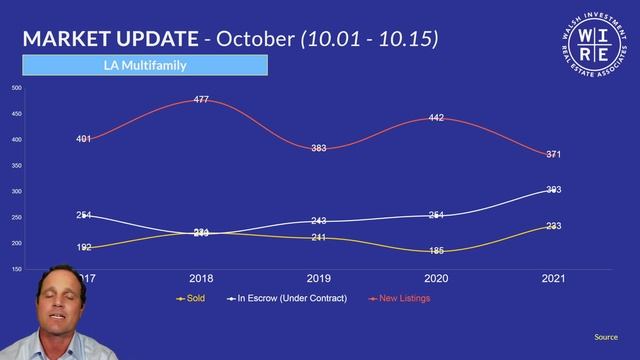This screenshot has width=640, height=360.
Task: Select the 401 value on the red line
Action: (x=83, y=139)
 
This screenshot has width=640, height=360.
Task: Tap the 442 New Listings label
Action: (x=436, y=118)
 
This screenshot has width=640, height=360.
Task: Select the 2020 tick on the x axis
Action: (x=436, y=278)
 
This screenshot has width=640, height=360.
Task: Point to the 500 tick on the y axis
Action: (x=16, y=88)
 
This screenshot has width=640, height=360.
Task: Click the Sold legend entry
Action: (x=190, y=298)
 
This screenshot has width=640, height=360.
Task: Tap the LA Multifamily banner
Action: (x=145, y=66)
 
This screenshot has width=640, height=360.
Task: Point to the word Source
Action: (x=606, y=337)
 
